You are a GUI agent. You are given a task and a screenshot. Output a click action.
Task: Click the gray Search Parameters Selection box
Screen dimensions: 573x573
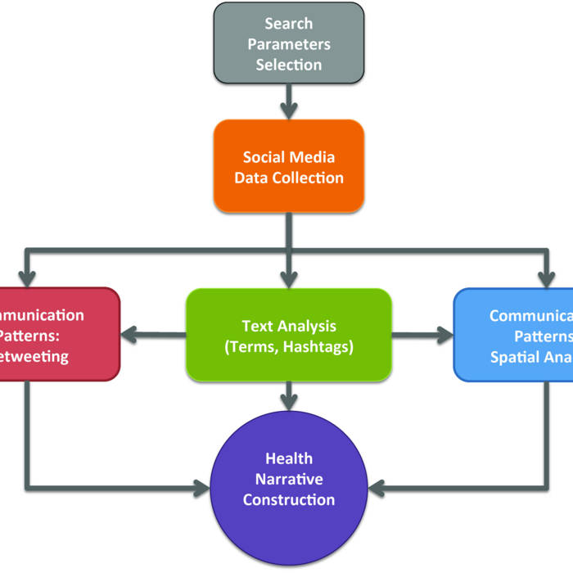click(289, 43)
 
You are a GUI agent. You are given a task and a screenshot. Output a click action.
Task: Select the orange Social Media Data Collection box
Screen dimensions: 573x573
click(289, 166)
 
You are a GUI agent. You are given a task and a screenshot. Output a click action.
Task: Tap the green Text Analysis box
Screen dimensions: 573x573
click(288, 335)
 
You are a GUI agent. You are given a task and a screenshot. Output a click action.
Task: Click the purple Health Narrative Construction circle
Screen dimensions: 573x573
click(288, 478)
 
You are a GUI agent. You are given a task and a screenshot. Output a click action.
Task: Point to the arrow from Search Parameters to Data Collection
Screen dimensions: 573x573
click(289, 102)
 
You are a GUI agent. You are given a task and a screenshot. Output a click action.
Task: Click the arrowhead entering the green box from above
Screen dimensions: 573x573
click(288, 277)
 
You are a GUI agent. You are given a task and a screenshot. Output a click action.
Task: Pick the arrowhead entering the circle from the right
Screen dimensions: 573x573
click(376, 490)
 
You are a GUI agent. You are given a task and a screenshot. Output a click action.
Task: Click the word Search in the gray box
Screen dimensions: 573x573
click(288, 25)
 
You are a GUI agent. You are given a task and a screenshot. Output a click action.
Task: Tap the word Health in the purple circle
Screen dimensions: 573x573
click(288, 458)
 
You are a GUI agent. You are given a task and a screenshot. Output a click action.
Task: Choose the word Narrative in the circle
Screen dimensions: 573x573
click(288, 479)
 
